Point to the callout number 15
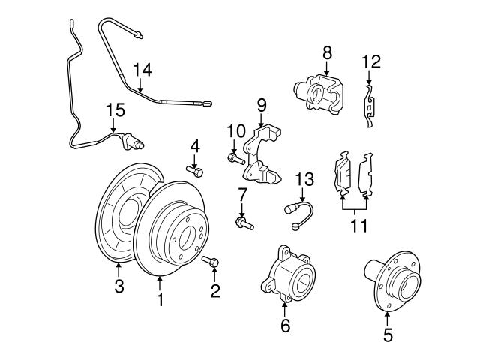tap(114, 111)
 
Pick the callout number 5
tap(387, 335)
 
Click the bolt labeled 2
tap(211, 262)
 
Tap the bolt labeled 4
tap(196, 172)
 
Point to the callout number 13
tap(304, 179)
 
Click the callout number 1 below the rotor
tap(159, 300)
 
